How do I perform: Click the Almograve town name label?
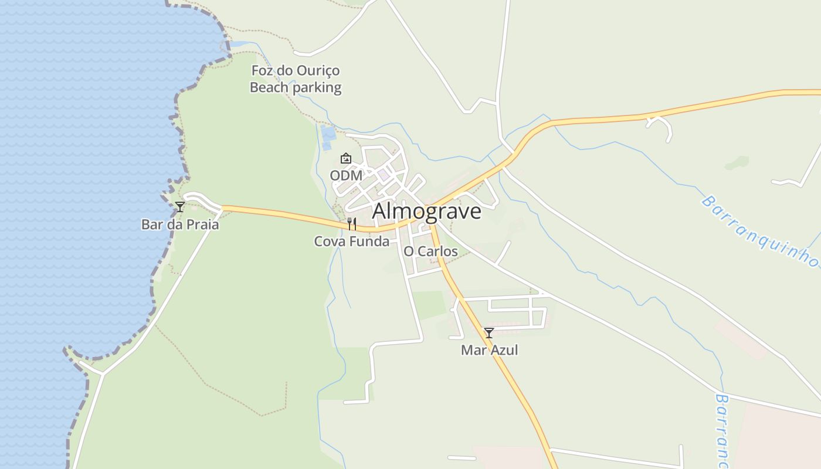click(x=426, y=211)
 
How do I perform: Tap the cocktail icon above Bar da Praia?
click(x=180, y=206)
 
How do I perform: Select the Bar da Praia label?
click(x=180, y=225)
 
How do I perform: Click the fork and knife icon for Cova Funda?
click(x=352, y=223)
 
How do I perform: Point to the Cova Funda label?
click(x=352, y=242)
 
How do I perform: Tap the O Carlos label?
click(x=430, y=252)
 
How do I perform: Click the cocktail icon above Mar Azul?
click(x=488, y=333)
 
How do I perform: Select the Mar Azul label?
click(x=490, y=351)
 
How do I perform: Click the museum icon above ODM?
click(x=346, y=158)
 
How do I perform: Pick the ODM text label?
click(x=346, y=176)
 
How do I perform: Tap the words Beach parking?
click(x=296, y=88)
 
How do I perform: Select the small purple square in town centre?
click(x=384, y=175)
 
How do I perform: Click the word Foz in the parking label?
click(x=262, y=71)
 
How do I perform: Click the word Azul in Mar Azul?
click(x=504, y=351)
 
